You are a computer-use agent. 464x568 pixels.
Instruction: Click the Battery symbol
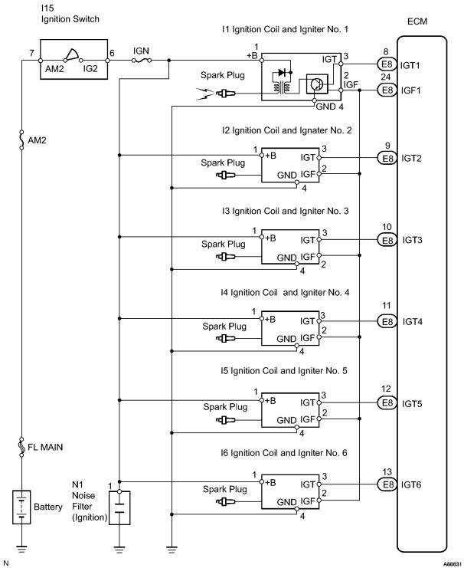(21, 507)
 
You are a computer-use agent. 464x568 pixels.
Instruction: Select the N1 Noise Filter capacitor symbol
(119, 507)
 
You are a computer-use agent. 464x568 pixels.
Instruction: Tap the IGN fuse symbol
(142, 61)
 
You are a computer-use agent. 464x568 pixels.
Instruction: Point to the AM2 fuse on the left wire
(21, 140)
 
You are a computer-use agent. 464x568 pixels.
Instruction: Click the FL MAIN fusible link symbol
(21, 447)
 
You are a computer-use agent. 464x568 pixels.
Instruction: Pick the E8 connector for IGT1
(387, 64)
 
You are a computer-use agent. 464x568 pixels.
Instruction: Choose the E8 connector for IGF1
(387, 90)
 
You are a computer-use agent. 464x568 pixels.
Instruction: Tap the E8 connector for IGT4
(387, 321)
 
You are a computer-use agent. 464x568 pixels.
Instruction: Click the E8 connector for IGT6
(387, 484)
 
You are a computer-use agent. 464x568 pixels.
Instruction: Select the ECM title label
(417, 21)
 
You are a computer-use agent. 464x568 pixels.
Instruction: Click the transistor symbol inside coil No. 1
(317, 84)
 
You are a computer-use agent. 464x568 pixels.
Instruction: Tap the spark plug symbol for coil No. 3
(225, 257)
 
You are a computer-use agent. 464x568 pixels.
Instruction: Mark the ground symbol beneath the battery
(21, 549)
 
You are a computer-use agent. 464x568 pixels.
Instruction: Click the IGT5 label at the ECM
(412, 403)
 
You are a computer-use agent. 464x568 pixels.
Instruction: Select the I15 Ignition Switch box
(74, 59)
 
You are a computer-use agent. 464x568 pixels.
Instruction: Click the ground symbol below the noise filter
(119, 549)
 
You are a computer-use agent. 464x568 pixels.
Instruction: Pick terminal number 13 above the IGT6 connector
(387, 471)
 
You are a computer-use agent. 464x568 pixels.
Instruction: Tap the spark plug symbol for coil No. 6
(225, 502)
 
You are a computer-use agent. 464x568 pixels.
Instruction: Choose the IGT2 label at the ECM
(411, 159)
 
